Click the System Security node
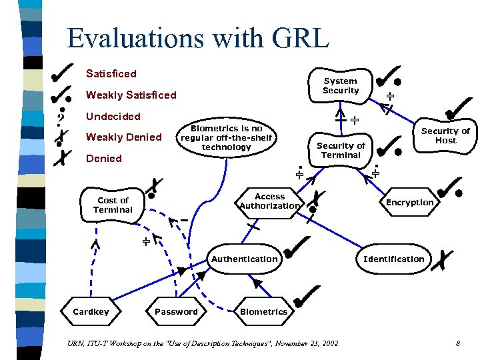[341, 85]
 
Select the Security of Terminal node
[341, 150]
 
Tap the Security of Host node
[445, 135]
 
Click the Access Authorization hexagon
[269, 201]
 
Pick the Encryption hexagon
[409, 202]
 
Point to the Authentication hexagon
[244, 259]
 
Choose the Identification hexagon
[393, 259]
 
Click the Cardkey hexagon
[91, 311]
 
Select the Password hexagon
[176, 311]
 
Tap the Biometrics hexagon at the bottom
[263, 311]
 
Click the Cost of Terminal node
[113, 205]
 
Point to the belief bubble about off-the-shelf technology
[226, 137]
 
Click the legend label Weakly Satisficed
[131, 95]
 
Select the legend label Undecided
[113, 116]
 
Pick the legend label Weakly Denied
[124, 137]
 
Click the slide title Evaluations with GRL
[198, 38]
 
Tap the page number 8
[458, 343]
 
